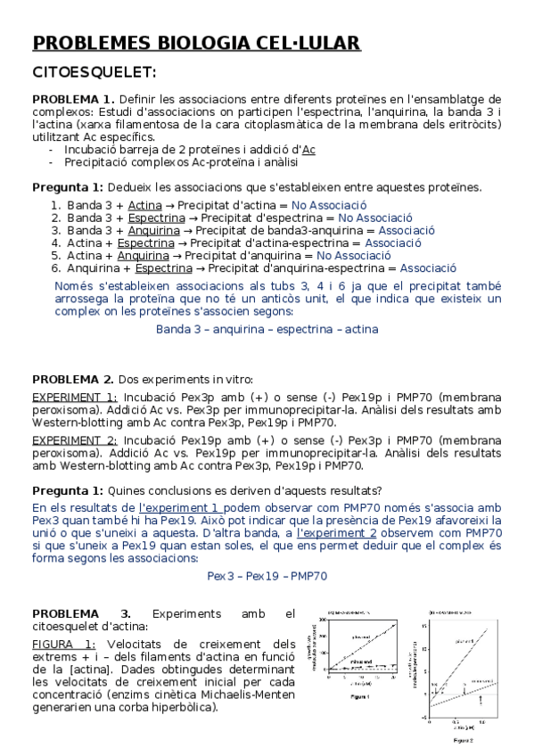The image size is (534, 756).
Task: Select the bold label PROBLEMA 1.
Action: click(73, 99)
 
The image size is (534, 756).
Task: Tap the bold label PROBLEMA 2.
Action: click(73, 379)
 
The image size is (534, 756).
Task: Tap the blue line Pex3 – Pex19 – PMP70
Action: click(267, 576)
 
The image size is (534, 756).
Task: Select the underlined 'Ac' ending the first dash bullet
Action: click(308, 150)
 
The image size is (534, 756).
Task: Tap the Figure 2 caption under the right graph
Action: click(463, 740)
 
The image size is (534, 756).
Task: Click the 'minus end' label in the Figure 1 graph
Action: click(361, 663)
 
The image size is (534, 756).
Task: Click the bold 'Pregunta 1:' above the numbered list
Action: click(68, 187)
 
